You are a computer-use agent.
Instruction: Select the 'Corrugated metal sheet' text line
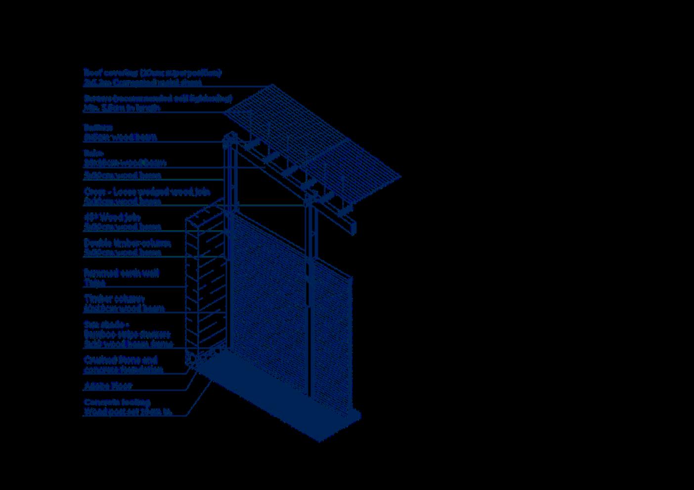click(142, 82)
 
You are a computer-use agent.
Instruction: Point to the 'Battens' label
click(98, 127)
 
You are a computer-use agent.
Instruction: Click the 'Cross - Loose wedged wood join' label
click(147, 191)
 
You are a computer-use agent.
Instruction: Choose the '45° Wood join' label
click(112, 217)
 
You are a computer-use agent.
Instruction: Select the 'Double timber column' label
click(127, 243)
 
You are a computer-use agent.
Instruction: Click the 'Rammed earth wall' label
click(122, 273)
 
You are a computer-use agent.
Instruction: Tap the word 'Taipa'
click(94, 283)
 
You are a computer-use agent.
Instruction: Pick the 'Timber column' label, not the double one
click(114, 298)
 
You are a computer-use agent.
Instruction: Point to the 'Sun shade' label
click(106, 325)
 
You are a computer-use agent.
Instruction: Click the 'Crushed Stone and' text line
click(121, 360)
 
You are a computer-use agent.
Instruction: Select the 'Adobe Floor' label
click(108, 385)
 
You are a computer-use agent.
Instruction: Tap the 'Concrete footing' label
click(117, 402)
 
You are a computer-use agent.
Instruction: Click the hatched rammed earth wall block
click(205, 286)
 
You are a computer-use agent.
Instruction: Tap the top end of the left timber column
click(229, 138)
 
